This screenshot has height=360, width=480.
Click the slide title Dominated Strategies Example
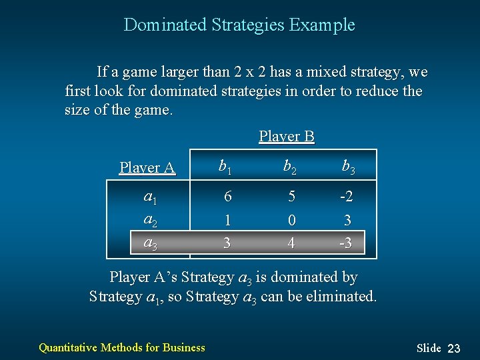(x=239, y=25)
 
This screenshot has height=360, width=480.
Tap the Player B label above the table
(x=286, y=137)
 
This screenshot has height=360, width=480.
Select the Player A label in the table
(x=147, y=167)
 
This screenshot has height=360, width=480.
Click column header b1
(x=227, y=167)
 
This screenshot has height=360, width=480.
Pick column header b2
(x=290, y=167)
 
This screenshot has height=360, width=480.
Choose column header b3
(x=348, y=167)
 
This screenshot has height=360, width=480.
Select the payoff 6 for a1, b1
(x=227, y=197)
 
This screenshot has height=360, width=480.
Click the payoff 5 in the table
(x=291, y=197)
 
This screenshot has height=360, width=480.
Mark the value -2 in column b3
(x=345, y=197)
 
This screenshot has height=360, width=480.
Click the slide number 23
(x=454, y=348)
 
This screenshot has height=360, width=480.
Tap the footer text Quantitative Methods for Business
(x=122, y=347)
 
